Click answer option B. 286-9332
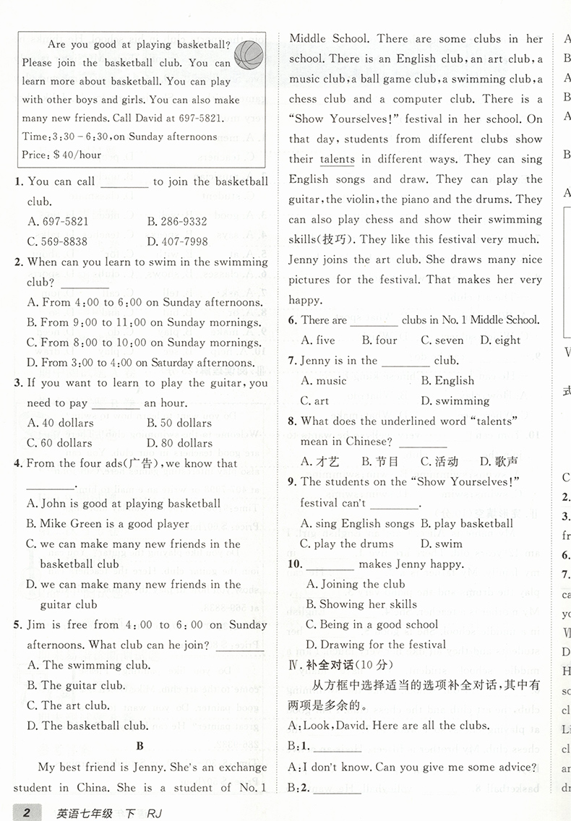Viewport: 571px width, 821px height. point(176,222)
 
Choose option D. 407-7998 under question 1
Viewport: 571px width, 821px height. point(176,242)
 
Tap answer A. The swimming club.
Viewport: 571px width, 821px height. point(88,665)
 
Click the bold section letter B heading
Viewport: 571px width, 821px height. point(140,746)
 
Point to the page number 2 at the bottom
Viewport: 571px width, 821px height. point(27,814)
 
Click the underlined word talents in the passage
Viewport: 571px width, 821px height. point(336,160)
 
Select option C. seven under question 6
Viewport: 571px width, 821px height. point(442,340)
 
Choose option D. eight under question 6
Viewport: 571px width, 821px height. point(500,340)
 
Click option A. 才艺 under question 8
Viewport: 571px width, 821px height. point(319,461)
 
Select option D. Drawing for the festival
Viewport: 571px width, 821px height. point(375,645)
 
